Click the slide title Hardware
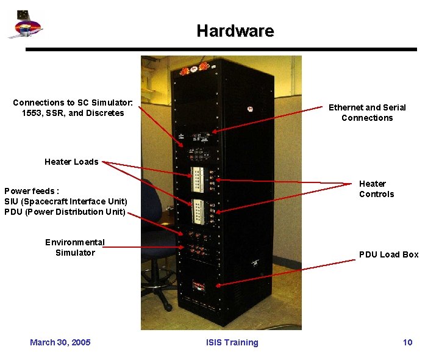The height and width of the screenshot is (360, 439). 235,31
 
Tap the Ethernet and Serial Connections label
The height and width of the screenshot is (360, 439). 367,112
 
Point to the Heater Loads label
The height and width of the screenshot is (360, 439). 71,162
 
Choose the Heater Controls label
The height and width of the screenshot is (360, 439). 376,189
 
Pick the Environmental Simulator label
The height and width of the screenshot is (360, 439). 75,247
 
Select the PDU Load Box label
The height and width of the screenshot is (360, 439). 388,254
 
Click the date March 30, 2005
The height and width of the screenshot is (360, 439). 60,342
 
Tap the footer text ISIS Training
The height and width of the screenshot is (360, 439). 232,342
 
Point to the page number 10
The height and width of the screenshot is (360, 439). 407,342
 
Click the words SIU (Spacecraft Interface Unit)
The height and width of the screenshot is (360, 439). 66,201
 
